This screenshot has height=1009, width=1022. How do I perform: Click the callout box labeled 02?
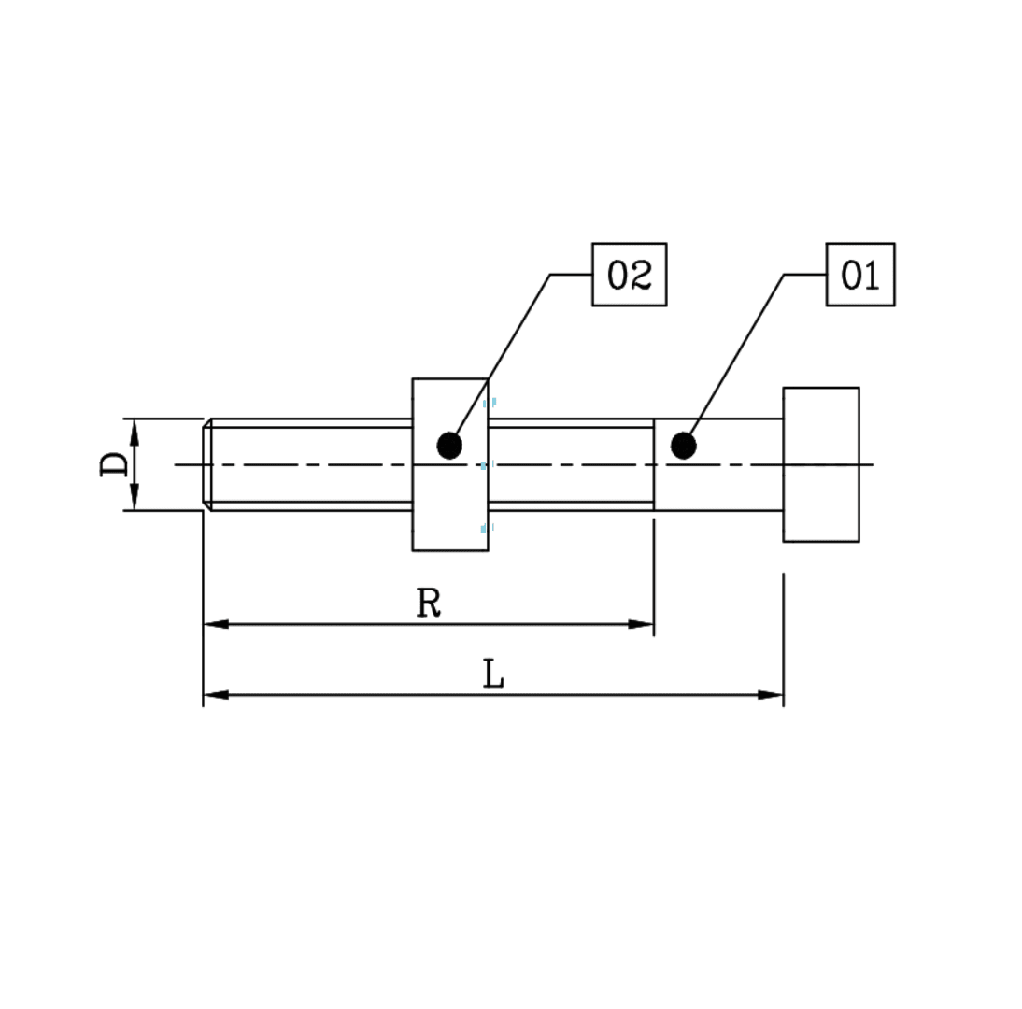point(629,275)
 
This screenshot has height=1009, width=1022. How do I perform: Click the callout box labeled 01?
point(859,275)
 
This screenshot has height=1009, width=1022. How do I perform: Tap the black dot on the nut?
point(449,446)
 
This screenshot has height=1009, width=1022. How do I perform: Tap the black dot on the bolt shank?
point(683,446)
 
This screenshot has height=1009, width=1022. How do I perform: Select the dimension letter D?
point(115,464)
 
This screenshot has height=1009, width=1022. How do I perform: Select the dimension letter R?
point(428,604)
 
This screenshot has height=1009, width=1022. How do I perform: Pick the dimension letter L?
point(493,675)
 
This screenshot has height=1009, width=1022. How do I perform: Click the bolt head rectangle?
point(820,464)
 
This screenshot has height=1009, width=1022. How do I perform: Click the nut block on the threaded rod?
point(449,504)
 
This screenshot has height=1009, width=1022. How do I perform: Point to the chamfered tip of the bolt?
point(207,464)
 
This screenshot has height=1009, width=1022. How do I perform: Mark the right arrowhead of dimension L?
point(771,695)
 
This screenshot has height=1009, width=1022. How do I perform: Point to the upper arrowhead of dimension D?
point(135,431)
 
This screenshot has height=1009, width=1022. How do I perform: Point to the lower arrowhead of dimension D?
point(135,498)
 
